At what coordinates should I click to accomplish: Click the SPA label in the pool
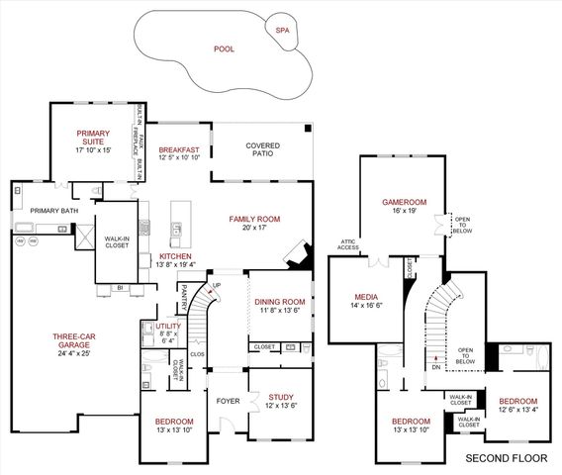(x=282, y=30)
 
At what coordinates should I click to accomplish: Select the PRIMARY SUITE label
(x=95, y=138)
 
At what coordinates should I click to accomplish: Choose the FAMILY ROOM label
(x=255, y=219)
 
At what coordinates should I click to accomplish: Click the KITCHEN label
(x=174, y=255)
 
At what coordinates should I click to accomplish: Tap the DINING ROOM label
(x=280, y=302)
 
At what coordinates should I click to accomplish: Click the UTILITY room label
(x=168, y=325)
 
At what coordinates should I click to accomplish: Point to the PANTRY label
(x=184, y=296)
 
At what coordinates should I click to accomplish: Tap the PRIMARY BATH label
(x=53, y=210)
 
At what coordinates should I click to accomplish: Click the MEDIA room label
(x=367, y=297)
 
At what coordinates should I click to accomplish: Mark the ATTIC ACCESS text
(x=347, y=245)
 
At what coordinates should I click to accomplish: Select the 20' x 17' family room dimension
(x=255, y=229)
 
